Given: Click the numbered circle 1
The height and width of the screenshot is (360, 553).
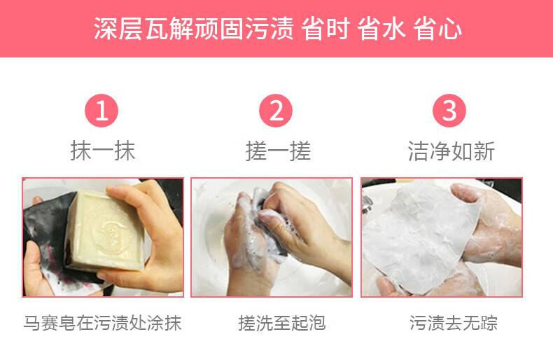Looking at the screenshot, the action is click(101, 111).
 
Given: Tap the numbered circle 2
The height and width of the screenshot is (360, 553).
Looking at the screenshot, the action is click(276, 111).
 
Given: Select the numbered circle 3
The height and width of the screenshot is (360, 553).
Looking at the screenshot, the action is click(449, 111).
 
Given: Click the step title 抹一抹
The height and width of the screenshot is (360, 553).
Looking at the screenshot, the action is click(103, 151).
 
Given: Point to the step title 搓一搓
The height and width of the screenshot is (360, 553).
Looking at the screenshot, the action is click(278, 151).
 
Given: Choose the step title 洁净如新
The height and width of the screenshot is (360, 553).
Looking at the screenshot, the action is click(451, 151).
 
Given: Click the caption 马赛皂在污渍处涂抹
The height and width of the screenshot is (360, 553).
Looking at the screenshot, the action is click(103, 323).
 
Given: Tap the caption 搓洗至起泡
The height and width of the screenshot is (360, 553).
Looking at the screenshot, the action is click(281, 323).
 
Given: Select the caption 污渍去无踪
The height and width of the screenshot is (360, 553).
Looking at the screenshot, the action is click(454, 323).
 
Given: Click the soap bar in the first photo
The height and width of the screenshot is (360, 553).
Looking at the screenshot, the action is click(105, 231).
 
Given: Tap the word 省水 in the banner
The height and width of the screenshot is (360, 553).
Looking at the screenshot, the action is click(381, 29).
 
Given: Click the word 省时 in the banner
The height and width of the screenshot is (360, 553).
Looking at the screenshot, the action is click(325, 29).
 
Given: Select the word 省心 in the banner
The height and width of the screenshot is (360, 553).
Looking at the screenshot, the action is click(437, 29).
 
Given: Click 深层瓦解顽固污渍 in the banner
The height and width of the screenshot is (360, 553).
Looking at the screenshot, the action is click(194, 29).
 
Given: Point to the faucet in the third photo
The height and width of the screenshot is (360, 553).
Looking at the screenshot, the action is click(367, 204).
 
